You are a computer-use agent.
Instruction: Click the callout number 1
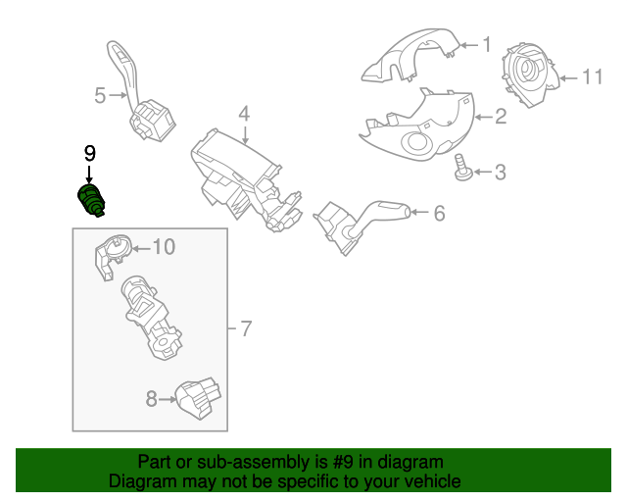click(487, 44)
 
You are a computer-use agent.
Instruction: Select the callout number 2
click(501, 117)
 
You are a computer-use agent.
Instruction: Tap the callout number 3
click(501, 173)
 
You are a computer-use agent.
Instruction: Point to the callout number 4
click(244, 114)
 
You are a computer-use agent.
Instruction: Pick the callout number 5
click(100, 95)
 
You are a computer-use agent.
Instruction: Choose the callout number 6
click(440, 213)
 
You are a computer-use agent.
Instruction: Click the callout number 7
click(246, 328)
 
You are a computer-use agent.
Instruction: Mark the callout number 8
click(151, 399)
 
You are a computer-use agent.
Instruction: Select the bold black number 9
click(89, 153)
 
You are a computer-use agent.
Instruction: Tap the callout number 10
click(164, 247)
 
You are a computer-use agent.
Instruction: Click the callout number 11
click(592, 76)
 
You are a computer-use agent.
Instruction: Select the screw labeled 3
click(462, 168)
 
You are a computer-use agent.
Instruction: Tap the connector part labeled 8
click(198, 398)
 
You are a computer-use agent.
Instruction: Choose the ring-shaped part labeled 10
click(113, 255)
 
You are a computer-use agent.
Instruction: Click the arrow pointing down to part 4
click(245, 134)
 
